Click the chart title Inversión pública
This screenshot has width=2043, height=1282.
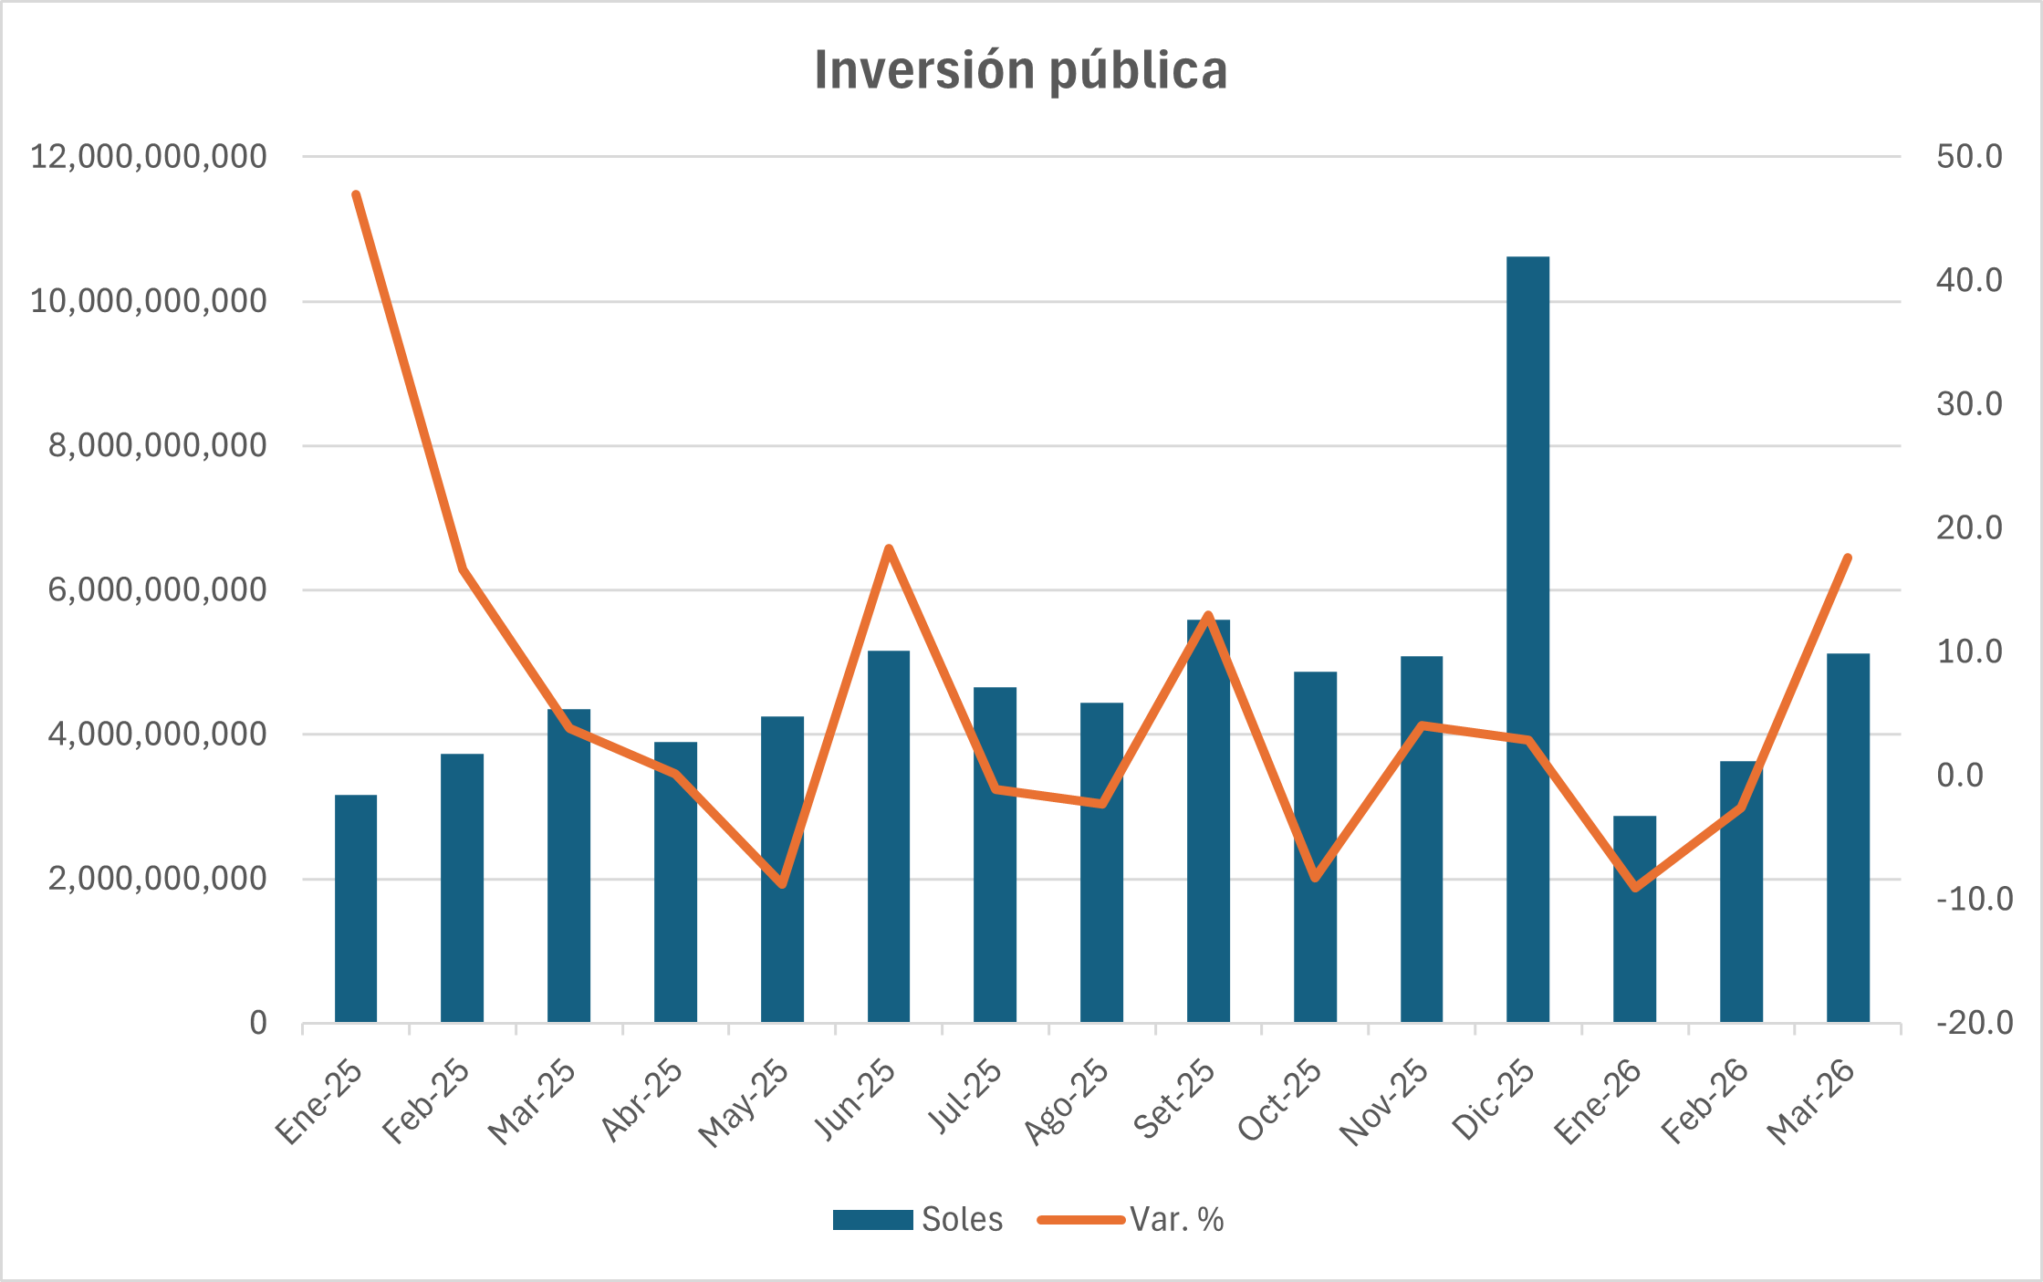(x=1020, y=70)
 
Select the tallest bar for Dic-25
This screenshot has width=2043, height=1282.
(x=1527, y=639)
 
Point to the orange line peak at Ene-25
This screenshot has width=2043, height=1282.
(x=356, y=194)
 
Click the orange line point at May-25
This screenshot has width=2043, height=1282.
(x=782, y=884)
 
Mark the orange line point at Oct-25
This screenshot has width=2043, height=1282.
(x=1315, y=878)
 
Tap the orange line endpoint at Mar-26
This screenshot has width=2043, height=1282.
(x=1848, y=558)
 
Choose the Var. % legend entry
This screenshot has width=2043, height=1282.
(x=1131, y=1220)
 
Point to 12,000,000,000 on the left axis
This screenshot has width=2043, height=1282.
(x=149, y=157)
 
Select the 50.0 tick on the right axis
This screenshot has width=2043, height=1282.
(x=1969, y=157)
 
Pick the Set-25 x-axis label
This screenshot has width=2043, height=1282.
(x=1175, y=1100)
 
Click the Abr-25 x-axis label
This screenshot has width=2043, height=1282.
(x=642, y=1100)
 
